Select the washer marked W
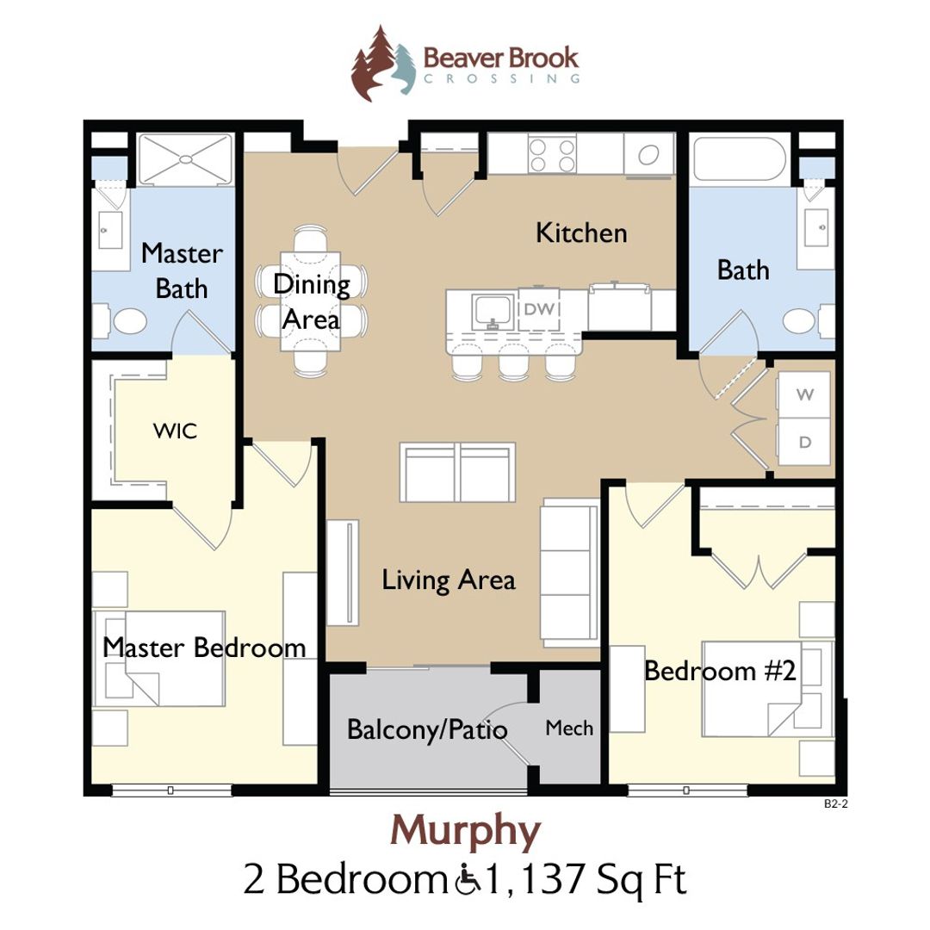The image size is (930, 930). click(x=804, y=395)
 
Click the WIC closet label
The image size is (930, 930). click(x=175, y=431)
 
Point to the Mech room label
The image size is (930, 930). click(x=569, y=728)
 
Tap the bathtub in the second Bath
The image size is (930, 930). click(x=741, y=157)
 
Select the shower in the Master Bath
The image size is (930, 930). click(x=186, y=158)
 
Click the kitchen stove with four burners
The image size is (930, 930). click(x=552, y=156)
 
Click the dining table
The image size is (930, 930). click(x=310, y=301)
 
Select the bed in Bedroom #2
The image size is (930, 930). click(x=758, y=689)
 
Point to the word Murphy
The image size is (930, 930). click(x=466, y=831)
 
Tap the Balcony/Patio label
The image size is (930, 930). click(x=427, y=729)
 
